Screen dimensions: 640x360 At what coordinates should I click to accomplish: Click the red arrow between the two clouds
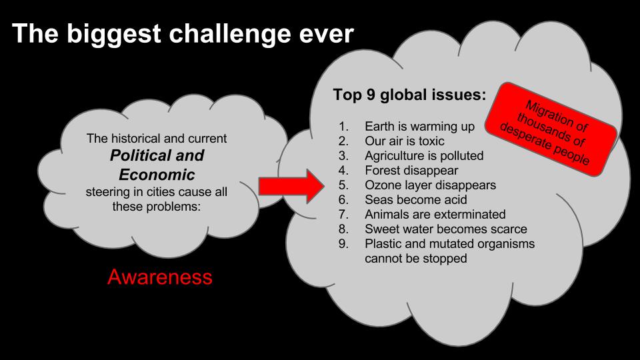pos(291,187)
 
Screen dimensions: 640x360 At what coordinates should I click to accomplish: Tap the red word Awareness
pos(160,277)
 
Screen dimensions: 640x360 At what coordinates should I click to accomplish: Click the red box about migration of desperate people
pos(551,129)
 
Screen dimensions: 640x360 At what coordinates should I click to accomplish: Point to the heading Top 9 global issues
pos(410,94)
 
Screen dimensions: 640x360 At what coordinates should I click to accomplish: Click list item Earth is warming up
pos(419,127)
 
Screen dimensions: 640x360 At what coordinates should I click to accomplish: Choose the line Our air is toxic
pos(405,141)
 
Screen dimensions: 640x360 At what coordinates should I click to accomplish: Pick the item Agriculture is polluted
pos(424,156)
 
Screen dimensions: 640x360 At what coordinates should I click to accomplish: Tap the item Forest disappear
pos(411,170)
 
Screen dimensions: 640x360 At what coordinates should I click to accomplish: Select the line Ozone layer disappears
pos(430,185)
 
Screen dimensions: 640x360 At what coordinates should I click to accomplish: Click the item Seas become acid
pos(416,199)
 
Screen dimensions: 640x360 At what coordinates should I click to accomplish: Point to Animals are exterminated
pos(435,214)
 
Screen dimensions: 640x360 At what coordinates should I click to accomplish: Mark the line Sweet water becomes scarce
pos(446,229)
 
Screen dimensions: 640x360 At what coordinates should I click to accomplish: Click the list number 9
pos(343,244)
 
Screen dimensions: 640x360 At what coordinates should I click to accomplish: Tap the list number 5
pos(343,185)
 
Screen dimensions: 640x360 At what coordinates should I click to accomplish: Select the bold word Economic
pos(157,175)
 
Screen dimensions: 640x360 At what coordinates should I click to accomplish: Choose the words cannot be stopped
pos(416,259)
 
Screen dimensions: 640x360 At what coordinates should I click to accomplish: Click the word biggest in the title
pos(114,34)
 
